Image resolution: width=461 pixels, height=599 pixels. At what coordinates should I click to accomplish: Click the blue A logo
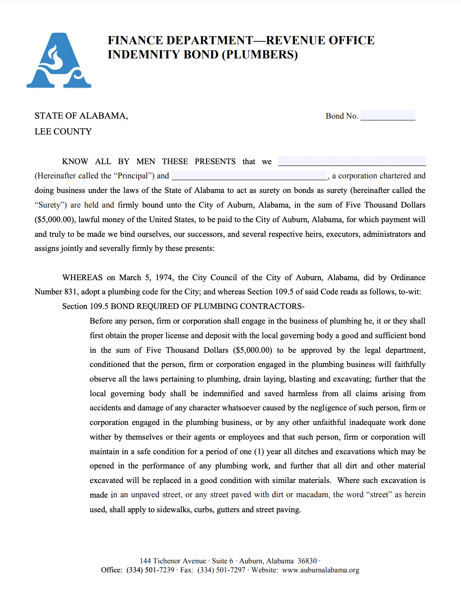click(x=59, y=61)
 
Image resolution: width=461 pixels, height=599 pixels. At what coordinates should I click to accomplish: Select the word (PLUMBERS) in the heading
click(x=260, y=55)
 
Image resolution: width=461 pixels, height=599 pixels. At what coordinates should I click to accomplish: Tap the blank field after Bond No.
click(x=387, y=116)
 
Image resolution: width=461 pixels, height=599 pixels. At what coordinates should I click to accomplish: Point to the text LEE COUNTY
click(x=63, y=131)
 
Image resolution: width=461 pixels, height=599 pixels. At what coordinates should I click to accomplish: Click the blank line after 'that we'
click(x=352, y=162)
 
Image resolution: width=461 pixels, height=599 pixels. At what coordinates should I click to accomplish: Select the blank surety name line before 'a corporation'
click(x=249, y=176)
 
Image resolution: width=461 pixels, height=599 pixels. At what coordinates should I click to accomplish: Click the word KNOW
click(x=75, y=162)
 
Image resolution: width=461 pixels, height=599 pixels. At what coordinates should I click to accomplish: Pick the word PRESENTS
click(x=215, y=162)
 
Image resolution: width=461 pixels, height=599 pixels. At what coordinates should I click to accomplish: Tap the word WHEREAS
click(x=83, y=278)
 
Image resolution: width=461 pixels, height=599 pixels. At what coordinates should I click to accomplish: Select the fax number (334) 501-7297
click(x=221, y=570)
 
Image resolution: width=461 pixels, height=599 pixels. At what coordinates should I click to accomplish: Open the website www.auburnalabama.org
click(x=320, y=570)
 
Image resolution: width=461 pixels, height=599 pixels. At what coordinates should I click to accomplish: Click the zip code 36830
click(x=307, y=561)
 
